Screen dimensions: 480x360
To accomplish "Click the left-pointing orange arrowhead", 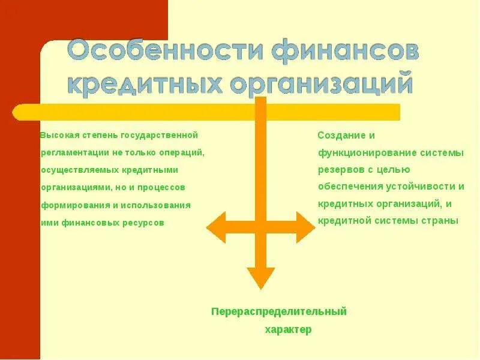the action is pos(216,227).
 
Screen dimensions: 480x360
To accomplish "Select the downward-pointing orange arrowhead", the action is pos(260,278).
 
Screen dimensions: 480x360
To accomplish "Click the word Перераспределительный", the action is pos(279,311).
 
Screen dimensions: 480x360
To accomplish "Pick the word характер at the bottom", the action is pos(288,330).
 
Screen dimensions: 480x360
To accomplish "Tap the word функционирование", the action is pos(359,153).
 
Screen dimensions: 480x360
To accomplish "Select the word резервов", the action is pos(339,170).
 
